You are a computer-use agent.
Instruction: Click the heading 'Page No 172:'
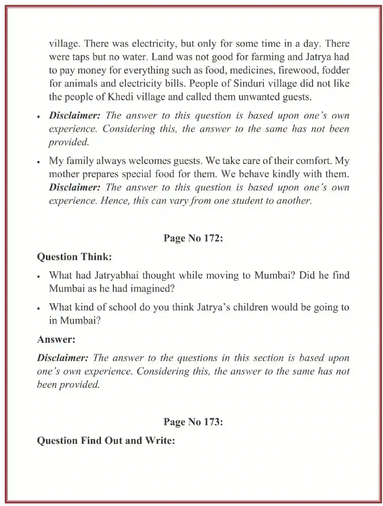[x=193, y=238]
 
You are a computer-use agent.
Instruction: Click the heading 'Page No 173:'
[x=193, y=422]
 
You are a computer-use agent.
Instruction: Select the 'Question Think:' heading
[x=74, y=257]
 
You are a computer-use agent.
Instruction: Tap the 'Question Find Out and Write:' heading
[x=106, y=440]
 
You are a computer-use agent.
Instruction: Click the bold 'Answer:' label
[x=56, y=339]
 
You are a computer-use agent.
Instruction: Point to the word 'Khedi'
[x=120, y=97]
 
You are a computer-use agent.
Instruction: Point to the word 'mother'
[x=64, y=174]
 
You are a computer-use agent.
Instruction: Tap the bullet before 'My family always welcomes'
[x=39, y=162]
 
